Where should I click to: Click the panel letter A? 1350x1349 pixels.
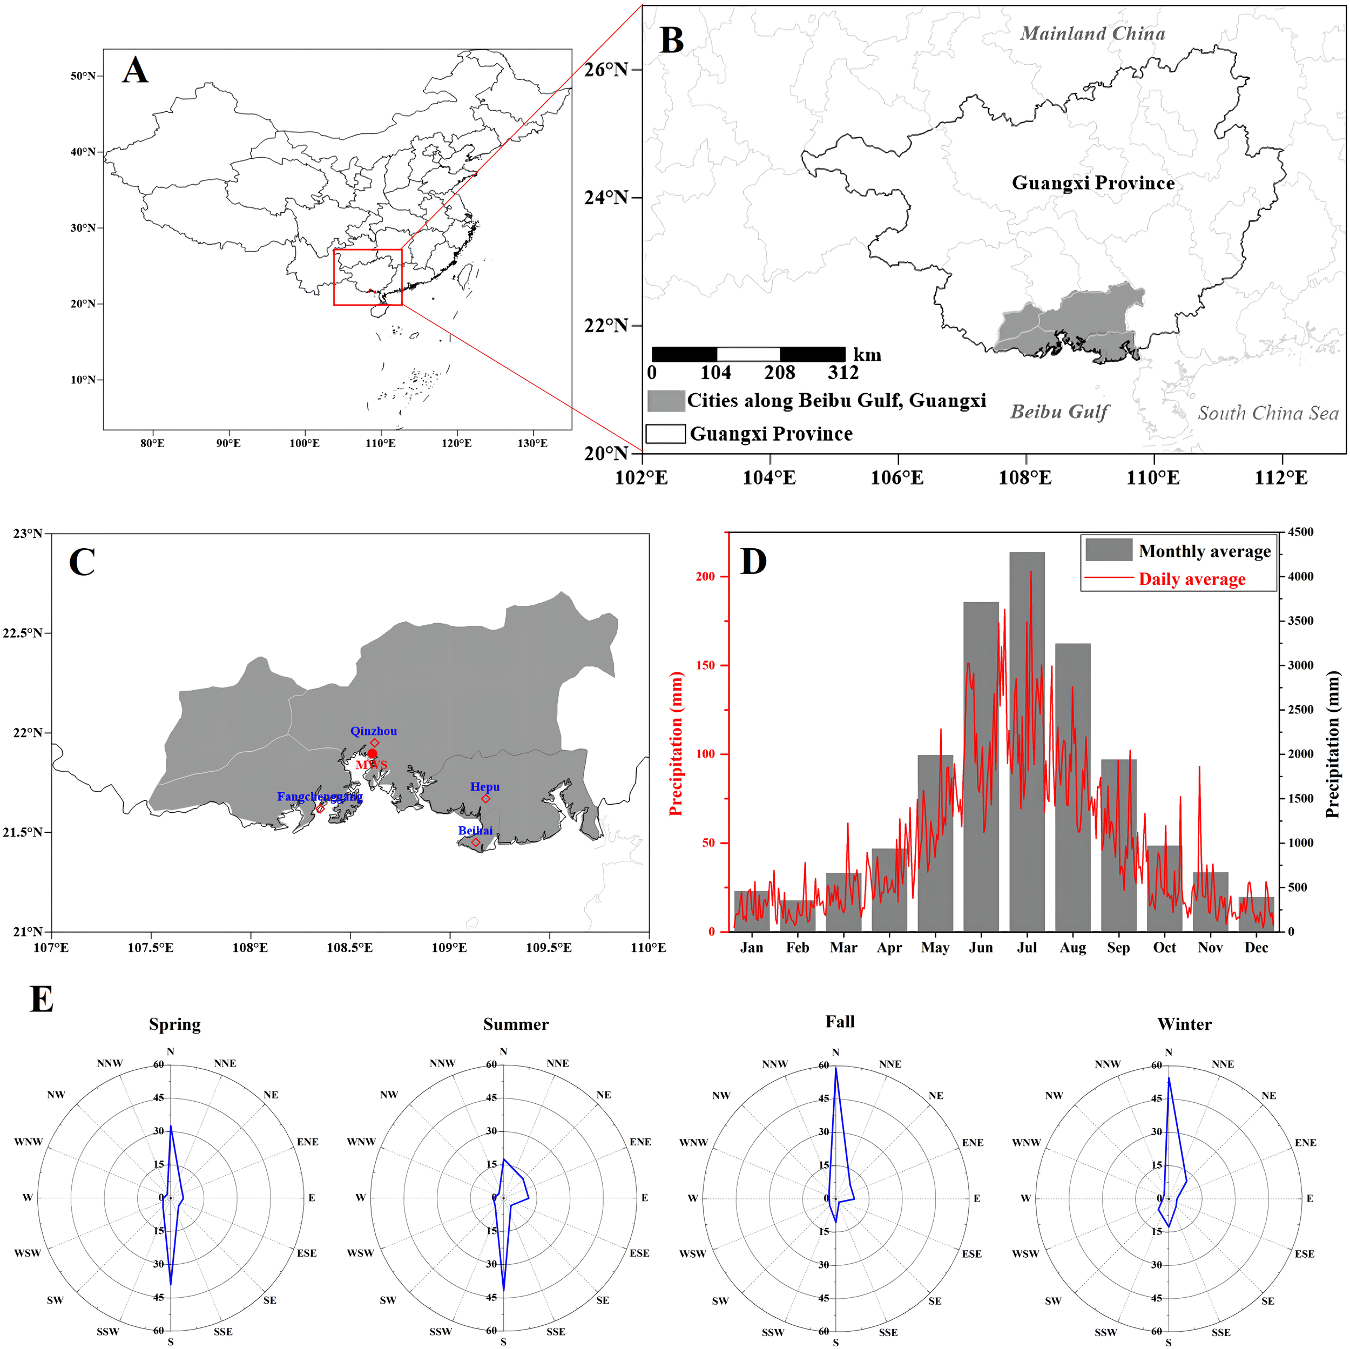pyautogui.click(x=135, y=71)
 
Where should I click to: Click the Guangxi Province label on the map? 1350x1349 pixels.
pyautogui.click(x=1092, y=183)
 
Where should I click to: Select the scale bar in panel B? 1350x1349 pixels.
pyautogui.click(x=748, y=354)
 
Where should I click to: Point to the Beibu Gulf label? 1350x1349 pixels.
pyautogui.click(x=1058, y=412)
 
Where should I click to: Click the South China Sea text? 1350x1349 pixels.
pyautogui.click(x=1267, y=413)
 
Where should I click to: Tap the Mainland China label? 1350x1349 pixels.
pyautogui.click(x=1092, y=33)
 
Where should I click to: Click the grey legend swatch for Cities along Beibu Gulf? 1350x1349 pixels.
pyautogui.click(x=665, y=401)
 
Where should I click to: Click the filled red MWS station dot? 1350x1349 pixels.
pyautogui.click(x=373, y=753)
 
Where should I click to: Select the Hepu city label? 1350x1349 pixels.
pyautogui.click(x=484, y=787)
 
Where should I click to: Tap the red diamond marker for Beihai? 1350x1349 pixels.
pyautogui.click(x=476, y=842)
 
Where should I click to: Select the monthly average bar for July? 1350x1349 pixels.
pyautogui.click(x=1027, y=741)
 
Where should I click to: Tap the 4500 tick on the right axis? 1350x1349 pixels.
pyautogui.click(x=1300, y=532)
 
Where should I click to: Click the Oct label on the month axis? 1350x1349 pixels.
pyautogui.click(x=1164, y=948)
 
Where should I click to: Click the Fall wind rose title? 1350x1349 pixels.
pyautogui.click(x=839, y=1022)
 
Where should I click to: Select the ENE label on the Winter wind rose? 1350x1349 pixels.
pyautogui.click(x=1305, y=1143)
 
